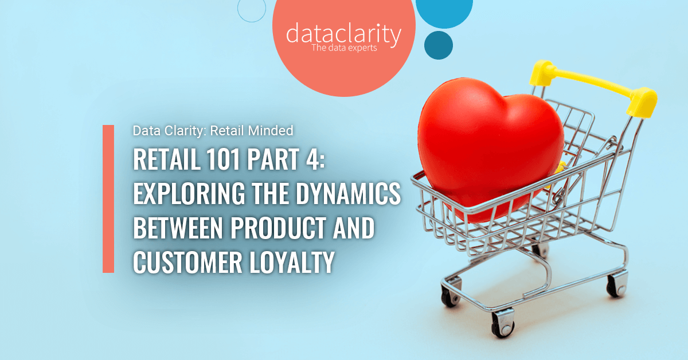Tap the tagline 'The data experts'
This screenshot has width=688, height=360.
pos(344,48)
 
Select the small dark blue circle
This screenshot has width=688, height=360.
pos(438,45)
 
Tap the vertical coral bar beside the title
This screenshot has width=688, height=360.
pos(108,199)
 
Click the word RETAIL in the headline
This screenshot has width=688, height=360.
pos(166,159)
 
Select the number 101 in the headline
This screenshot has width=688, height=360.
pos(223,159)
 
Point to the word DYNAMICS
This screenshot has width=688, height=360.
pos(349,193)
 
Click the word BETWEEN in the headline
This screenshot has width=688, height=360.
pos(178,228)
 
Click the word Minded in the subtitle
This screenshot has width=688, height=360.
pos(270,131)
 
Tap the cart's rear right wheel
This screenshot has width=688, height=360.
pos(617,284)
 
